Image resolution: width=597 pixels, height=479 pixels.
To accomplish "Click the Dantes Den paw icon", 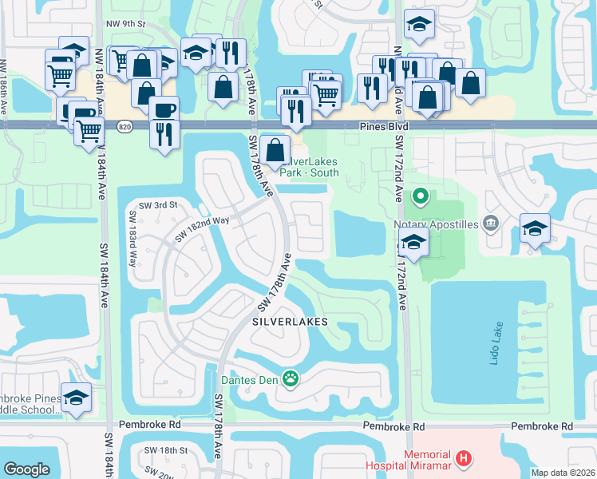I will tap(291, 379).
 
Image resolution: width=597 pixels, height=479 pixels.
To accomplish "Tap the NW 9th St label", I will tap(129, 24).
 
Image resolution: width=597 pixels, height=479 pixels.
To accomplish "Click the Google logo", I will tap(26, 469).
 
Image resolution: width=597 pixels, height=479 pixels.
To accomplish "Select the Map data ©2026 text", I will tap(563, 473).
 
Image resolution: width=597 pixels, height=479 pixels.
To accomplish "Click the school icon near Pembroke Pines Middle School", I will tap(76, 398).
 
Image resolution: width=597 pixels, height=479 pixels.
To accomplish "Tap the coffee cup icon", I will tap(164, 109).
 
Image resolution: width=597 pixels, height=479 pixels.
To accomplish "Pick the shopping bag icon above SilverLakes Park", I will tap(275, 149).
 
